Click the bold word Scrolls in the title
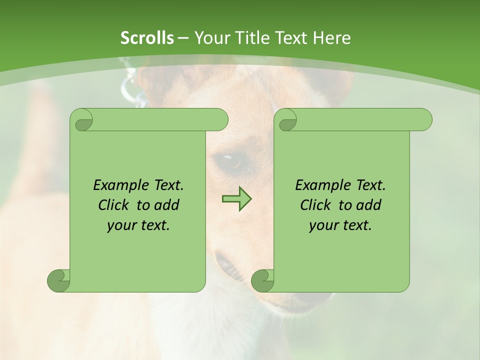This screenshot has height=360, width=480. (147, 38)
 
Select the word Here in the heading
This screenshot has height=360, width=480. (331, 38)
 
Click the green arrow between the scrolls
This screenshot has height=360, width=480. (236, 199)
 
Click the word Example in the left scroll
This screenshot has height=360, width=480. (118, 185)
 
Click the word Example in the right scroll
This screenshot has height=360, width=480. (320, 185)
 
